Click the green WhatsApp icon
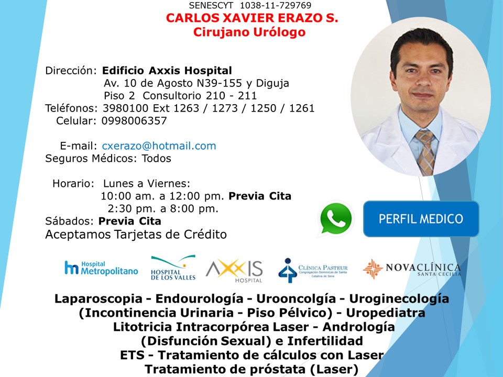[336, 218]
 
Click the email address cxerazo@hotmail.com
[159, 146]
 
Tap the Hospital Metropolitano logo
[101, 268]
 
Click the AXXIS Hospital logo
[234, 270]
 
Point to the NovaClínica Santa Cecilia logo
[412, 269]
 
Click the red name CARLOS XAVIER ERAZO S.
[252, 18]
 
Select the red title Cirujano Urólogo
[249, 32]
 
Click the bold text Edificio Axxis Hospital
[167, 71]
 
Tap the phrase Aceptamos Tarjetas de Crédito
[136, 235]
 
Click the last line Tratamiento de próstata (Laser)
[251, 369]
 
